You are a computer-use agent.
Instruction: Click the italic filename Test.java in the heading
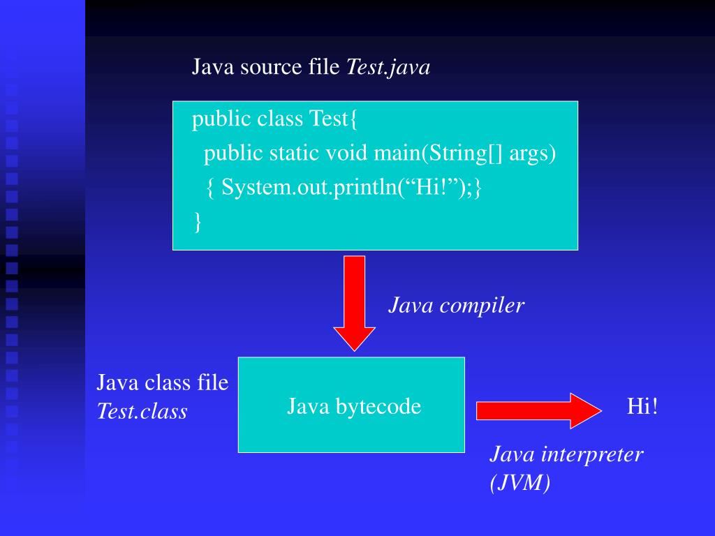(388, 67)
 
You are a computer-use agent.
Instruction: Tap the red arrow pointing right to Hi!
(538, 410)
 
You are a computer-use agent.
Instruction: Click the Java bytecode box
(351, 405)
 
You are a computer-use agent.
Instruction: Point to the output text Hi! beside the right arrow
(642, 406)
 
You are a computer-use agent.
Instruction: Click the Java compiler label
(456, 305)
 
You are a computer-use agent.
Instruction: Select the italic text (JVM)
(520, 483)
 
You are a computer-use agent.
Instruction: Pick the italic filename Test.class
(142, 412)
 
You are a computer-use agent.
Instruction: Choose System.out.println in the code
(308, 187)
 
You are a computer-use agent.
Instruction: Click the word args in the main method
(532, 153)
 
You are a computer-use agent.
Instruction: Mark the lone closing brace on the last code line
(198, 221)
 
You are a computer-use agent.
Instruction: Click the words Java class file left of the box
(162, 382)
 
